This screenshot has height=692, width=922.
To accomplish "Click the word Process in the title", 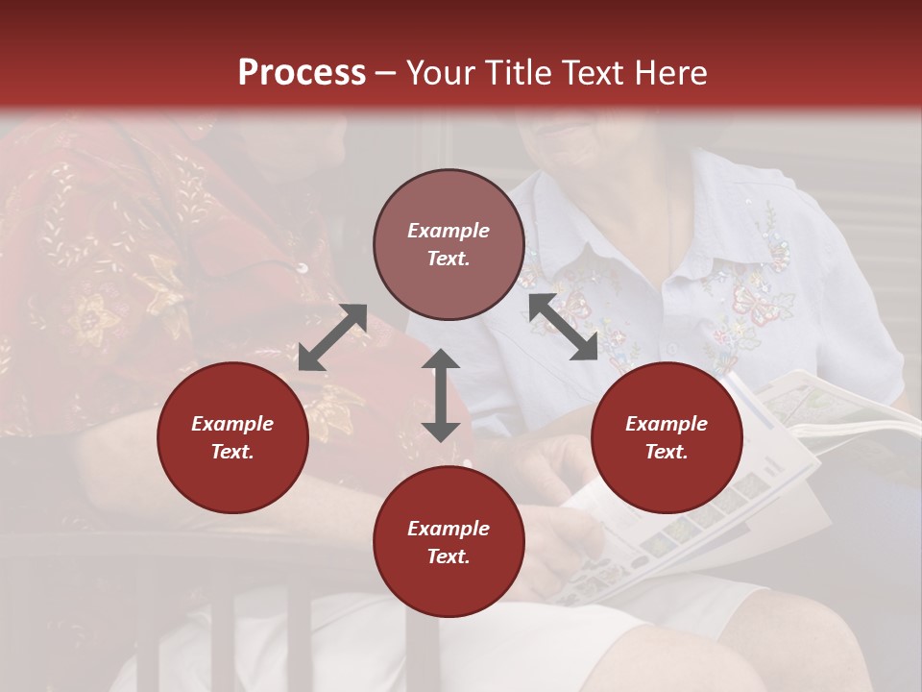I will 302,73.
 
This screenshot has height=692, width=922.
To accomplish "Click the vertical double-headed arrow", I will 441,395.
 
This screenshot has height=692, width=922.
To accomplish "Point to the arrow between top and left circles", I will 332,337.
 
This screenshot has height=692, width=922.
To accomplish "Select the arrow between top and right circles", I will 563,327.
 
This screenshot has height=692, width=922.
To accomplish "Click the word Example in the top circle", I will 449,231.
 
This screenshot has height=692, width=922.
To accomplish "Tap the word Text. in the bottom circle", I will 449,556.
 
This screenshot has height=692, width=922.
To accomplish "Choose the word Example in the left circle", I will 232,424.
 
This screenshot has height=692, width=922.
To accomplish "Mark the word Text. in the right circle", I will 667,452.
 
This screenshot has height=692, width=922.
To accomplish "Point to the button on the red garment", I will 301,267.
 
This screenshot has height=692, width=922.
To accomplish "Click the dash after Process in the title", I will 386,74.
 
